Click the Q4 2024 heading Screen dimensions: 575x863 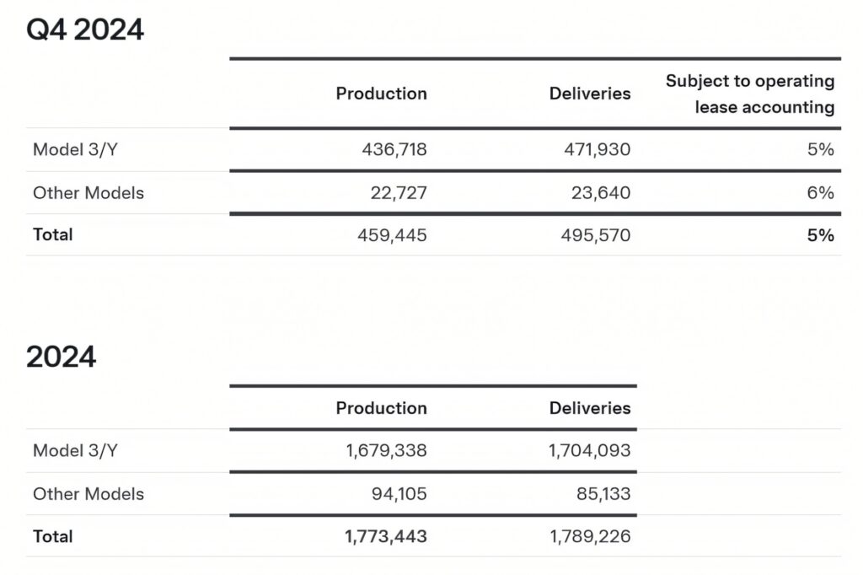85,30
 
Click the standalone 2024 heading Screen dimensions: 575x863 62,357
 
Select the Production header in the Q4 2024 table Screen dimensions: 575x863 381,94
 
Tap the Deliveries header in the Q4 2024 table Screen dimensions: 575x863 589,94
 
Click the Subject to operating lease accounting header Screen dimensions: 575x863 750,94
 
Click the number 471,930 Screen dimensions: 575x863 596,150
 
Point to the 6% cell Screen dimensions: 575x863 820,193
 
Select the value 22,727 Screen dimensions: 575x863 399,193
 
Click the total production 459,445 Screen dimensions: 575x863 393,235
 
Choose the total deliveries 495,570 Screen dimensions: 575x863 596,235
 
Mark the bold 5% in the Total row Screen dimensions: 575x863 820,235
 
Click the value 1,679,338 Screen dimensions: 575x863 386,451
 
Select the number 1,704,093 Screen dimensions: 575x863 589,451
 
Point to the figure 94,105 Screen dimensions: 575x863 399,494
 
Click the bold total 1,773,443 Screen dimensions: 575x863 386,536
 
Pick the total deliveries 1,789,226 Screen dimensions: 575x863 589,536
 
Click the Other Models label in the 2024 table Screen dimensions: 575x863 88,494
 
